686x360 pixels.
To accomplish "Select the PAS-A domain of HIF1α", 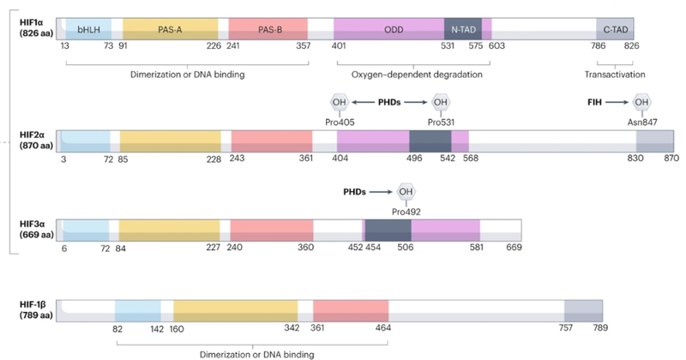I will click(169, 29).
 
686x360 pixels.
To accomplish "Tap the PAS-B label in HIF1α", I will click(268, 29).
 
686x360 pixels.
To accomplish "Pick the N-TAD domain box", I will click(462, 29).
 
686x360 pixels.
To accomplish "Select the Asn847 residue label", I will click(641, 122).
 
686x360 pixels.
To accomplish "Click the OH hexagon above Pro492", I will click(406, 191).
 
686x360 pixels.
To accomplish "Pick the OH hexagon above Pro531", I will click(441, 104).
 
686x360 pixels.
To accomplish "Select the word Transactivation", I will click(614, 75).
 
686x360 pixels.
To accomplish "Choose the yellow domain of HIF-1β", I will click(235, 310).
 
